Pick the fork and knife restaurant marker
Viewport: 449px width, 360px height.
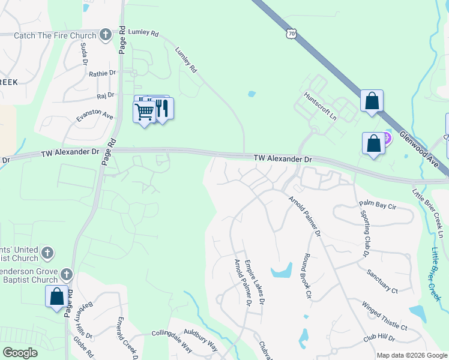pos(161,107)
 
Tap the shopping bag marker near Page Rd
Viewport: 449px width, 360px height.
pos(56,296)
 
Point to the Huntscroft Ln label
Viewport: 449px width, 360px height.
pos(320,105)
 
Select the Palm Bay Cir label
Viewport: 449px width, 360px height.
pos(378,205)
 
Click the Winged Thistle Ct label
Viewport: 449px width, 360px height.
pos(385,316)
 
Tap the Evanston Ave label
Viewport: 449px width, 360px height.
pos(95,116)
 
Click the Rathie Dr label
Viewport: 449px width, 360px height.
pos(103,73)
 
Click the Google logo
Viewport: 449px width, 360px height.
pos(20,353)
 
